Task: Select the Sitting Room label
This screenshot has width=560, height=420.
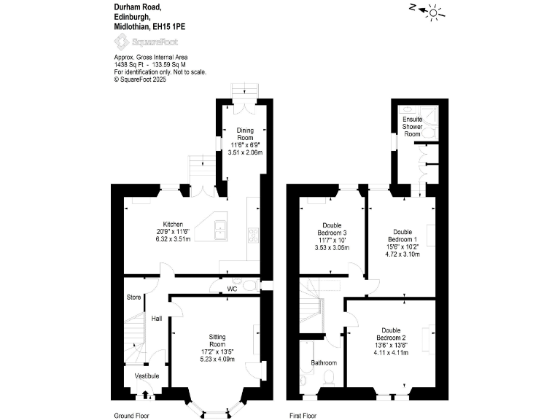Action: tap(217, 341)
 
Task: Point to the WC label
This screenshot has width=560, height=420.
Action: tap(232, 289)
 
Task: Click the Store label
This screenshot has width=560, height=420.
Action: tap(133, 297)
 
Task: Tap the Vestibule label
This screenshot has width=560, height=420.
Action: tap(146, 376)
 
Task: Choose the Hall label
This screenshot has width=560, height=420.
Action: tap(157, 319)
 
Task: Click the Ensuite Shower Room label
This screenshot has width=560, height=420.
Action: tap(413, 126)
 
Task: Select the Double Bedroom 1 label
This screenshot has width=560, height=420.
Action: tap(402, 236)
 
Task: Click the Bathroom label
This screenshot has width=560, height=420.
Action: tap(324, 362)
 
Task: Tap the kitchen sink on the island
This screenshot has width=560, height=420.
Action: tap(220, 233)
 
